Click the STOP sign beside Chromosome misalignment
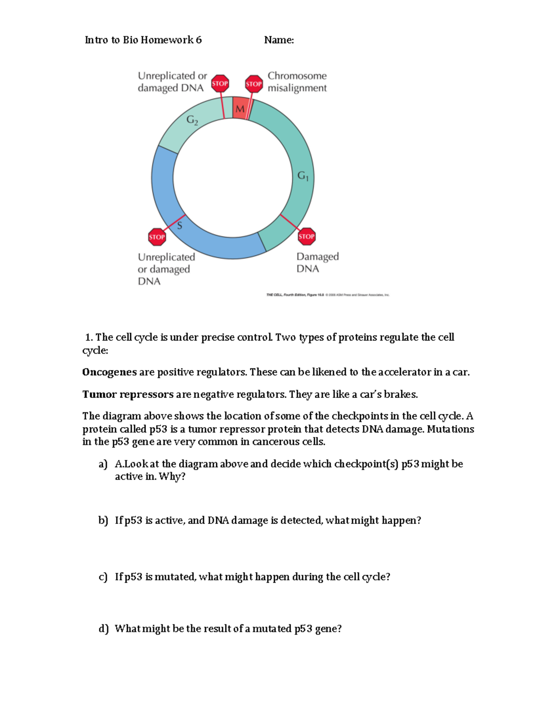coord(253,84)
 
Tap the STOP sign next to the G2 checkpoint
coord(220,84)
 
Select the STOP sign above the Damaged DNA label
coord(306,236)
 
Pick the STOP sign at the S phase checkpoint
coord(157,237)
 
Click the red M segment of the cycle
coord(240,108)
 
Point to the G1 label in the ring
coord(303,176)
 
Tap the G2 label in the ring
coord(192,120)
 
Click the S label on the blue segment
coord(179,226)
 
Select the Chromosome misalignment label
coord(297,82)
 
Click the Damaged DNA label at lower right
coord(317,262)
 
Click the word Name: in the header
coord(279,40)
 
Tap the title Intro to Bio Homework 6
coord(143,40)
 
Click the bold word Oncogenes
coord(109,372)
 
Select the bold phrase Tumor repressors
coord(128,394)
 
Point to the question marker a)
coord(103,464)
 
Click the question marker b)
coord(103,520)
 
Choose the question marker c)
coord(103,577)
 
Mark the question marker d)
coord(103,629)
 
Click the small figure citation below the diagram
coord(327,295)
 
